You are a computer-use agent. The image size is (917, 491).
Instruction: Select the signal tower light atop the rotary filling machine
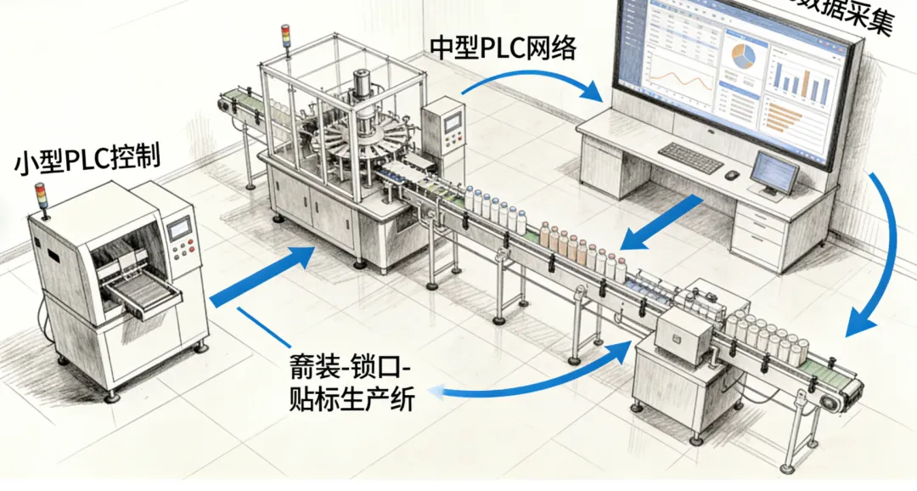pos(286,39)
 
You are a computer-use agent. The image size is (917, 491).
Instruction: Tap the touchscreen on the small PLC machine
pos(179,229)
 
